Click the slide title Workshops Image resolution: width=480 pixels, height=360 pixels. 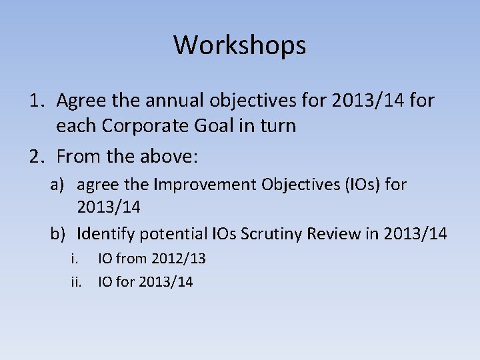pyautogui.click(x=240, y=45)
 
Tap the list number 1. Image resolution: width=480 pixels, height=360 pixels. pyautogui.click(x=37, y=101)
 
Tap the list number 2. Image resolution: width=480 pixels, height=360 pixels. pyautogui.click(x=37, y=157)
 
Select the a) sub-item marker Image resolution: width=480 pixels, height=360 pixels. pyautogui.click(x=59, y=185)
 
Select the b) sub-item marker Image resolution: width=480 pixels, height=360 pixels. pyautogui.click(x=59, y=234)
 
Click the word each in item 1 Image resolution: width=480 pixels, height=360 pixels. pyautogui.click(x=76, y=126)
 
